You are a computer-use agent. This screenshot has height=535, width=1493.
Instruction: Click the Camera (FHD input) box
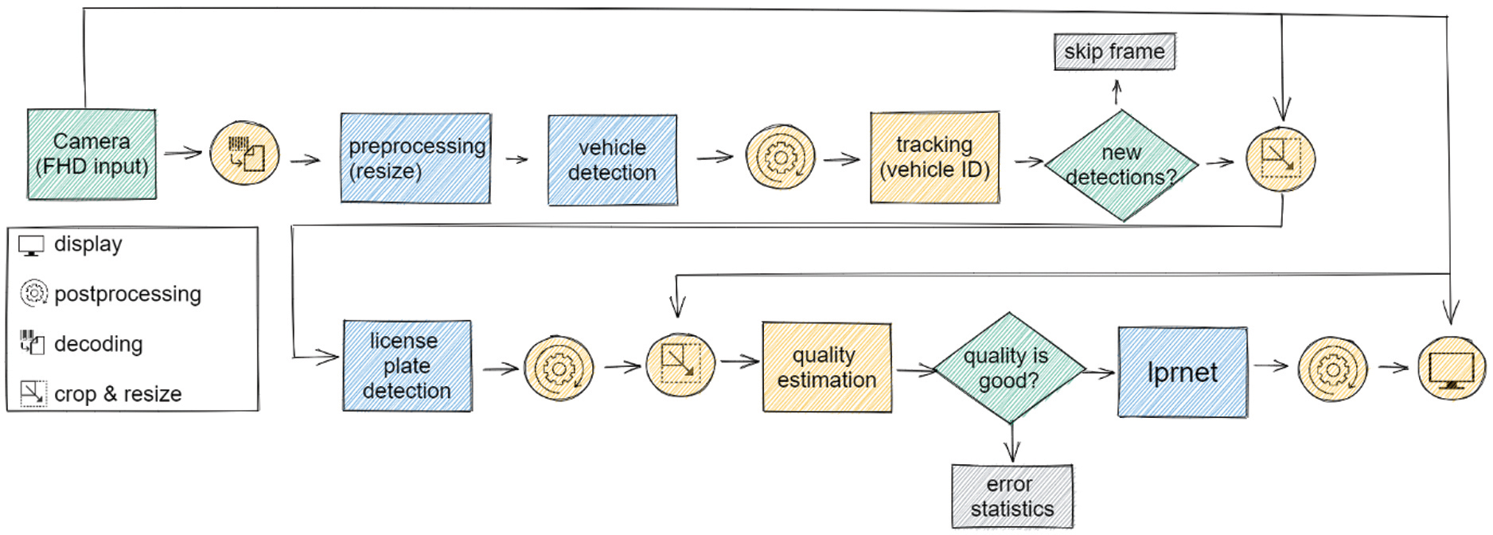92,154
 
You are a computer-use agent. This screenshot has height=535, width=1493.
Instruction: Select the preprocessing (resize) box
415,158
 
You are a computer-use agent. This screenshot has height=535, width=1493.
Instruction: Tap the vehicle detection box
612,160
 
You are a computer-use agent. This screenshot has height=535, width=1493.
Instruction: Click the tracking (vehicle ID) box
934,158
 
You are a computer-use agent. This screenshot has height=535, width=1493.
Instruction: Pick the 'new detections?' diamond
1121,165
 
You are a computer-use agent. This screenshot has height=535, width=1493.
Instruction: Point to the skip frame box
1114,52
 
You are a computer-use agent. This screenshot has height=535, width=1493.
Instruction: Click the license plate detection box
407,366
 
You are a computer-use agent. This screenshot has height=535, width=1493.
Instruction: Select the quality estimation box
826,368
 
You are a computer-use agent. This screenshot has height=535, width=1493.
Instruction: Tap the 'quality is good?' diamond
1008,368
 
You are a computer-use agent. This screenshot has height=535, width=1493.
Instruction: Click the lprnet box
1182,373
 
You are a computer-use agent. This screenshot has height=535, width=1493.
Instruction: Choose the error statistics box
1012,497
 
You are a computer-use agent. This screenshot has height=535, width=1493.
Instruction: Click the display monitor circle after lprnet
1451,368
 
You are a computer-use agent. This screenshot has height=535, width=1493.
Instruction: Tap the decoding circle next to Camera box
244,154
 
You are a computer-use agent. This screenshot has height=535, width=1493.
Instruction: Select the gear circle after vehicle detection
780,158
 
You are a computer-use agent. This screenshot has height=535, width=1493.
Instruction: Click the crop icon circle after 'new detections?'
1280,159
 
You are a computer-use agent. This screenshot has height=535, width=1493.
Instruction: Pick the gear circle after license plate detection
559,369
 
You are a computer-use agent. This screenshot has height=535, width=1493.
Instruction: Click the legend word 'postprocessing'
127,294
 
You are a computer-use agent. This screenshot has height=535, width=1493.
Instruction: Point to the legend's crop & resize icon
33,393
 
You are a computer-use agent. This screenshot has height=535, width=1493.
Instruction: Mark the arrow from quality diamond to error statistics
1012,443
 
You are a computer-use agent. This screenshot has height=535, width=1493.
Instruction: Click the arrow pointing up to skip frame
1117,92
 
